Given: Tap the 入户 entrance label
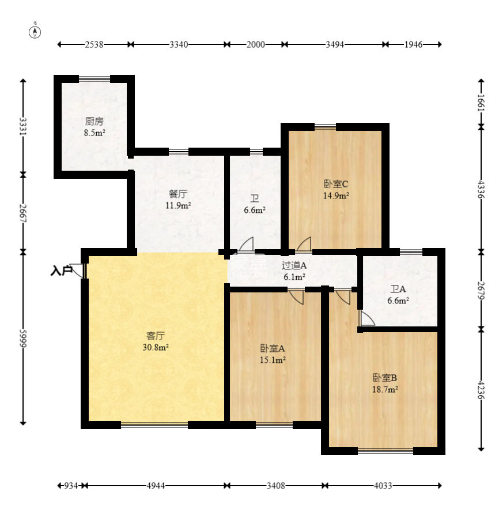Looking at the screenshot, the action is (62, 270).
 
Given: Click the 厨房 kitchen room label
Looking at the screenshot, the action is (94, 121).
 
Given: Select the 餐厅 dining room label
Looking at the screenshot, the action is (178, 194).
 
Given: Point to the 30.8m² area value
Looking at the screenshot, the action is (156, 347).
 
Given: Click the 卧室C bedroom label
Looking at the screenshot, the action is (336, 184).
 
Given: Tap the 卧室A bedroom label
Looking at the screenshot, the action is (273, 348).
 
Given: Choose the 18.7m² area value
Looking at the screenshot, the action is (385, 389).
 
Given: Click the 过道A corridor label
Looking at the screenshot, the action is (294, 265).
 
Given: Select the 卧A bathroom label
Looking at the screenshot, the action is (398, 289).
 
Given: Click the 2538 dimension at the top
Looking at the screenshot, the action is (94, 44).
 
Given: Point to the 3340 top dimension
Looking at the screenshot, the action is (179, 44).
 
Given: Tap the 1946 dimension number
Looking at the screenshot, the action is (413, 44).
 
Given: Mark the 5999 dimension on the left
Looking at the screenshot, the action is (23, 338).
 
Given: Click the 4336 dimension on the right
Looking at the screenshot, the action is (481, 190).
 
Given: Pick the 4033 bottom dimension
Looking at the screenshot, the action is (383, 486).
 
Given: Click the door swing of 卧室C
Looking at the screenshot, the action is (304, 244).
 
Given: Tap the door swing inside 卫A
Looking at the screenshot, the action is (367, 318).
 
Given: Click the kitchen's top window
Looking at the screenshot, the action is (94, 79).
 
